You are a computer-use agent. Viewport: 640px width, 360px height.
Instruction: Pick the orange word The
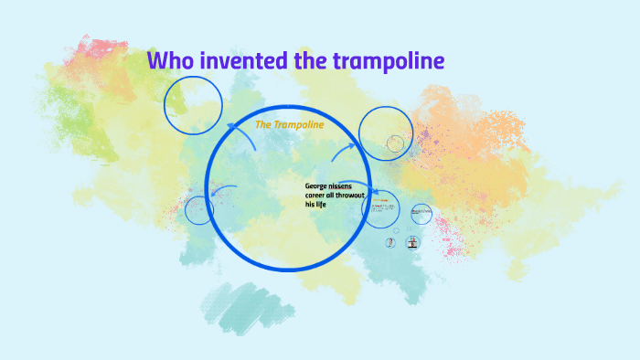click(x=264, y=124)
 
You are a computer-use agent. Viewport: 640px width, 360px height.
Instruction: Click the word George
click(x=317, y=186)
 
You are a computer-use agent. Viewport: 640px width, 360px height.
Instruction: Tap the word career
click(x=316, y=196)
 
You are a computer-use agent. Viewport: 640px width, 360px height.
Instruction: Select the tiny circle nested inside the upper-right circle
click(x=395, y=143)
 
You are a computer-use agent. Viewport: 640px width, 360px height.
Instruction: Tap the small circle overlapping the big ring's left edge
click(x=199, y=210)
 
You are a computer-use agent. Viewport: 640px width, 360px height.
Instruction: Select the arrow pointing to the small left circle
click(x=222, y=190)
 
